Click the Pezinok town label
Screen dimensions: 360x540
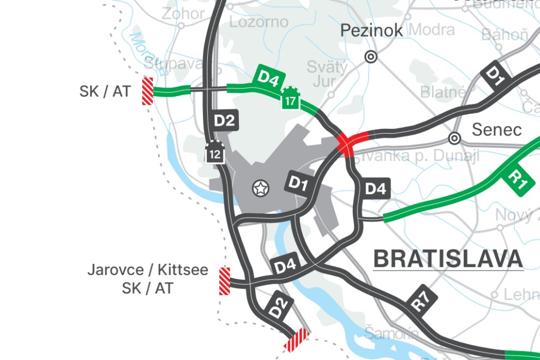click(x=371, y=31)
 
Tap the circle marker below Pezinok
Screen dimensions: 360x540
click(x=371, y=56)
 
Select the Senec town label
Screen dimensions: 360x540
click(x=496, y=130)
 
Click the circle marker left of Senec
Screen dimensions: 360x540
click(x=454, y=138)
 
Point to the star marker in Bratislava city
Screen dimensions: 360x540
click(x=261, y=189)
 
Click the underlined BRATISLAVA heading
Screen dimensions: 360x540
click(x=448, y=259)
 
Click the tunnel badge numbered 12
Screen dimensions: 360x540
click(x=215, y=152)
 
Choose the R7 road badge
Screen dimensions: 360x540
click(x=421, y=298)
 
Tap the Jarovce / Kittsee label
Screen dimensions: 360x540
click(x=147, y=270)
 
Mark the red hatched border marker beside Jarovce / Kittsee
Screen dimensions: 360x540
click(x=224, y=281)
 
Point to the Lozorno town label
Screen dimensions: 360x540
click(x=259, y=22)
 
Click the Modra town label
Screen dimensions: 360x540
click(x=431, y=29)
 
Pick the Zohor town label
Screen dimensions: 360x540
click(x=183, y=14)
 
